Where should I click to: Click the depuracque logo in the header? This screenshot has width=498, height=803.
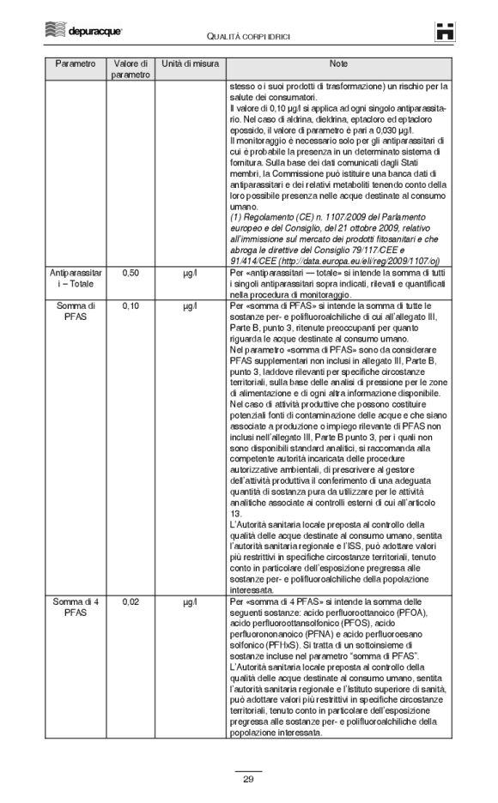[84, 31]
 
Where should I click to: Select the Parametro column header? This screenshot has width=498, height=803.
[75, 64]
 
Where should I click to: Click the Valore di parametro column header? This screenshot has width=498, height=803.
[131, 69]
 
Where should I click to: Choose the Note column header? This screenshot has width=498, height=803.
[338, 64]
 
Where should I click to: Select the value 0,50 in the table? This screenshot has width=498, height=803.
[131, 272]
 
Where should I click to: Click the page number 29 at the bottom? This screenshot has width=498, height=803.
[248, 779]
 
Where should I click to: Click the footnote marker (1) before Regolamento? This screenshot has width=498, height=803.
[237, 216]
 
